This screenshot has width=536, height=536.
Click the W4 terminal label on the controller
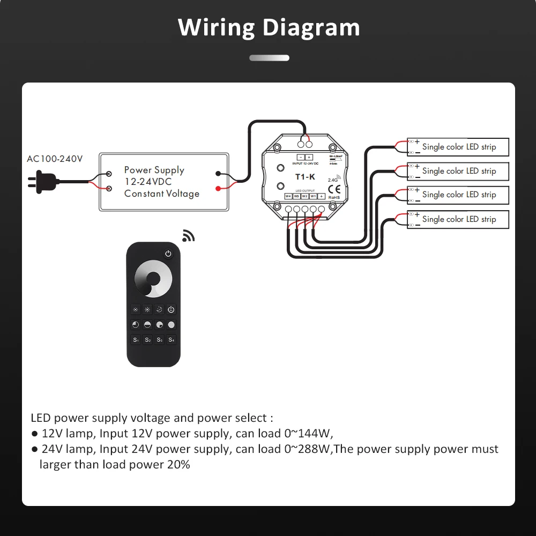point(288,196)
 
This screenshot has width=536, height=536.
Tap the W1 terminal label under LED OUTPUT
point(313,196)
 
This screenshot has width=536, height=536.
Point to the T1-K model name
point(305,176)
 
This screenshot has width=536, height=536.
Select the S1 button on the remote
point(136,340)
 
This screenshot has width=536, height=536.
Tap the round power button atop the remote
point(168,254)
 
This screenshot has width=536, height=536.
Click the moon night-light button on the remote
point(159,309)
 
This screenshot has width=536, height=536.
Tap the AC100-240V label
point(55,159)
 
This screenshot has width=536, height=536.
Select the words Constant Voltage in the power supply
point(162,193)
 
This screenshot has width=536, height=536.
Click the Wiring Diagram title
point(269,27)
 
